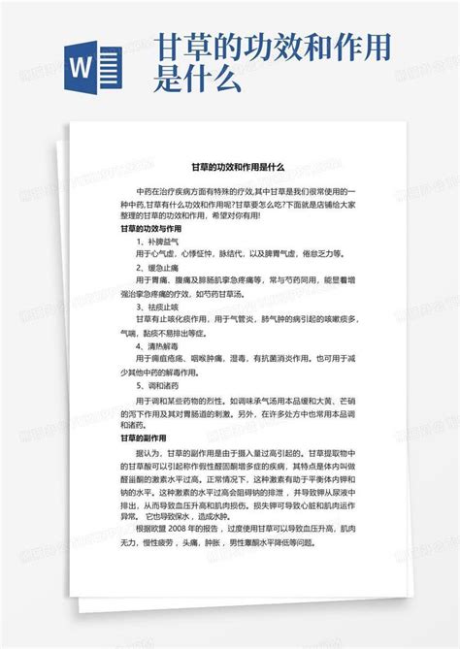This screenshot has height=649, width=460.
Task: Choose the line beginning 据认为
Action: (243, 424)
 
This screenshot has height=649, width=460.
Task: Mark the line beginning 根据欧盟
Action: (243, 529)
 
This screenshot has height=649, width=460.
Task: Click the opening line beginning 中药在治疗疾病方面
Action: (243, 191)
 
